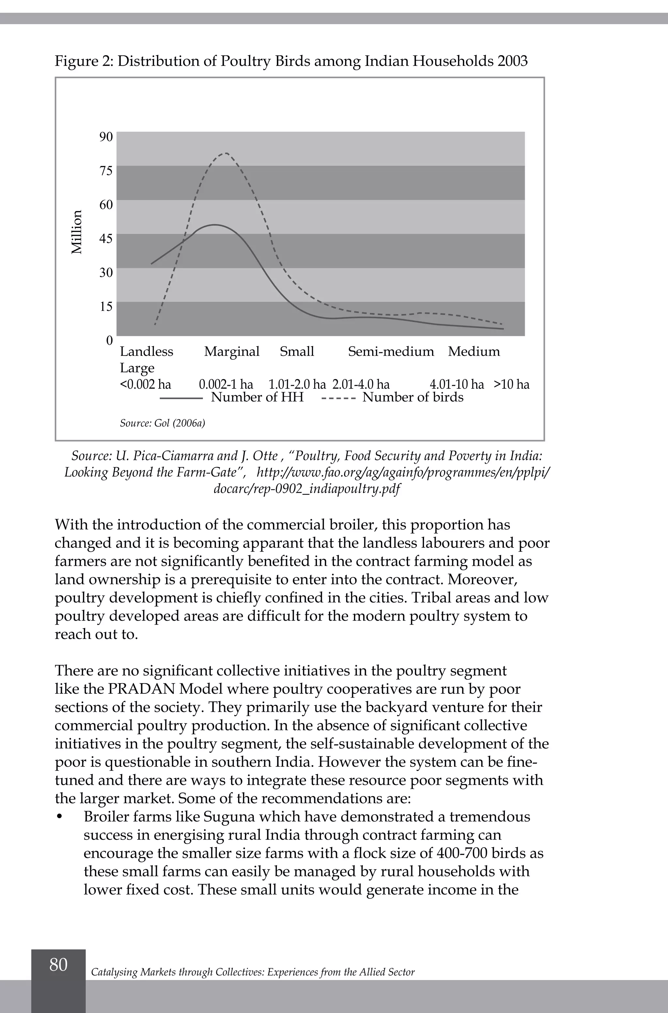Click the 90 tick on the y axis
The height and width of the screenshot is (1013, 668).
(106, 137)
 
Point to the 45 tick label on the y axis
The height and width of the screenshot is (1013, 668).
(106, 238)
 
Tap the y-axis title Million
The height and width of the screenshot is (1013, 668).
(77, 232)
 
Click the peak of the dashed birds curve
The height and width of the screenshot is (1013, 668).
(226, 153)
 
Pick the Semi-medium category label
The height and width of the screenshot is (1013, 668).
(391, 352)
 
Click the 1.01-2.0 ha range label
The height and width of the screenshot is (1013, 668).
(297, 384)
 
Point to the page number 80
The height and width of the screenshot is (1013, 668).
(58, 964)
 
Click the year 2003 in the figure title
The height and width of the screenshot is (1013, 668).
(512, 61)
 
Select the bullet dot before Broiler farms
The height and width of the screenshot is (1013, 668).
(59, 817)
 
